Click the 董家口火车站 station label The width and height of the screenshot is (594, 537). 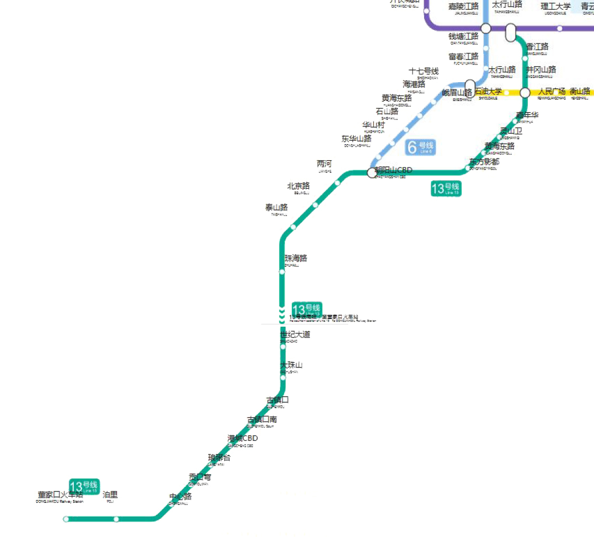point(60,495)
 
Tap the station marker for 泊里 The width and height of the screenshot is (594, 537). point(116,519)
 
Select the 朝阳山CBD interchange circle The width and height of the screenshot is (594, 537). point(372,173)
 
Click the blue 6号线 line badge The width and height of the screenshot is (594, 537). point(420,147)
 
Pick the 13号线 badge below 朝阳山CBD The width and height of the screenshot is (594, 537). point(446,189)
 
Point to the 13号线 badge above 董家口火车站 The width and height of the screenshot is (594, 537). point(84,486)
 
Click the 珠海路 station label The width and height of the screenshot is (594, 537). point(296,258)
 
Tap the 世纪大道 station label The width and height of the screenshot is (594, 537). point(295,334)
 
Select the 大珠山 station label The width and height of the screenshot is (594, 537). point(291,365)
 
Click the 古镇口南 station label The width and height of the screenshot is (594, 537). point(262,419)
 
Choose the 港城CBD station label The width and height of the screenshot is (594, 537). point(243,438)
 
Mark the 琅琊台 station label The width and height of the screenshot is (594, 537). point(220,457)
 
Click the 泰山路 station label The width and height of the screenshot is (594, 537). point(276,207)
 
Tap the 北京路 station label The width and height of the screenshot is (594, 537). point(299,186)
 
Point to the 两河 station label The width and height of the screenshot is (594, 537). point(324,164)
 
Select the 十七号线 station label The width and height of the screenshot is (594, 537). point(424,71)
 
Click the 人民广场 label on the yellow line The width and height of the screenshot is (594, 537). point(552,91)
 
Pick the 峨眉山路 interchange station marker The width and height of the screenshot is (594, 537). point(470,88)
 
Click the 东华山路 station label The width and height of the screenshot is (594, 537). point(356,139)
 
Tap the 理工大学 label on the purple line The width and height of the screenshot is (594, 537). point(555,6)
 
